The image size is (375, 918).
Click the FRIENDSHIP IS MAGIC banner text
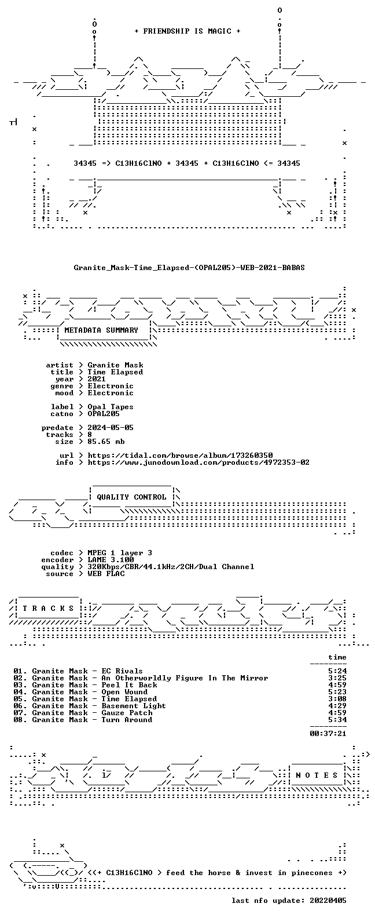[187, 31]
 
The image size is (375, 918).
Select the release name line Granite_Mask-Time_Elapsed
[189, 268]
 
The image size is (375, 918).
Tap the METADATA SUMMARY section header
[101, 330]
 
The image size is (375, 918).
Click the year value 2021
[97, 379]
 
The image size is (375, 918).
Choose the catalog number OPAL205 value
[104, 414]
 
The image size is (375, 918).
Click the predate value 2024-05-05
[111, 428]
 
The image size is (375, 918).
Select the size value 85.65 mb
[106, 442]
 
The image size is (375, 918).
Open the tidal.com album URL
[180, 456]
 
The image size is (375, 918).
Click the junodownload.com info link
[198, 462]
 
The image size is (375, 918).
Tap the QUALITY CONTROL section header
[131, 497]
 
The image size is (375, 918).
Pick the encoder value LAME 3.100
[111, 560]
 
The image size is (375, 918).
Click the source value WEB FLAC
[106, 574]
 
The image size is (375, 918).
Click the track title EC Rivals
[122, 671]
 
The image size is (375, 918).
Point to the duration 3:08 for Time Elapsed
[337, 699]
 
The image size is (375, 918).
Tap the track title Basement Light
[134, 706]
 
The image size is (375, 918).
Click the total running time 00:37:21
[328, 734]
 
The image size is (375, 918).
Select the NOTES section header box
[317, 775]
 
